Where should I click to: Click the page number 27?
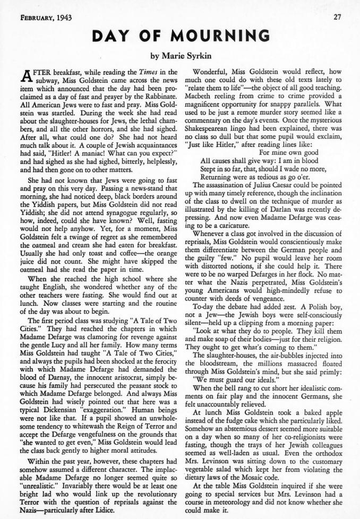click(337, 17)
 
